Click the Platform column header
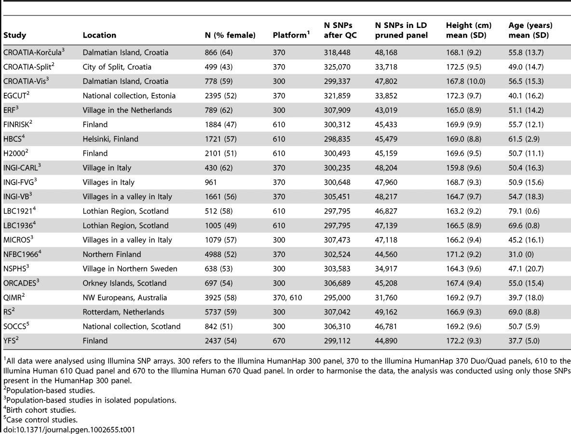[x=291, y=35]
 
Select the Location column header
[x=99, y=35]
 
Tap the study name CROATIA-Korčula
[x=34, y=52]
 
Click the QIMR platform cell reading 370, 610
[x=287, y=298]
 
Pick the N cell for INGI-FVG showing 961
[x=211, y=182]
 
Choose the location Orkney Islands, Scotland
[x=124, y=283]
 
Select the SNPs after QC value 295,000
[x=337, y=298]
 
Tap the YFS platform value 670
[x=279, y=341]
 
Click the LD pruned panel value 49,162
[x=386, y=312]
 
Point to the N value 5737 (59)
[x=221, y=312]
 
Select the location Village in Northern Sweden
[x=130, y=269]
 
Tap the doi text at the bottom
[x=69, y=430]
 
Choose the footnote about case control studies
[x=41, y=420]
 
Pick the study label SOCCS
[x=16, y=326]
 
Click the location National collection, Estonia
[x=129, y=96]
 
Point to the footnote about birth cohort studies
[x=40, y=409]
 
